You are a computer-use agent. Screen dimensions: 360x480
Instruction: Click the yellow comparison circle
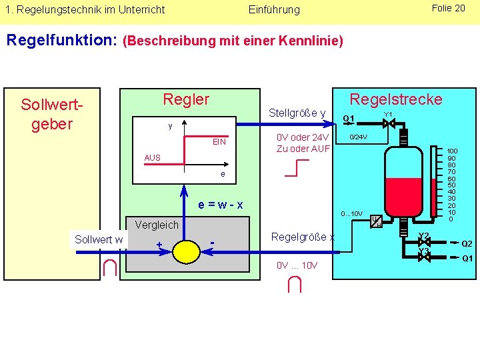click(186, 251)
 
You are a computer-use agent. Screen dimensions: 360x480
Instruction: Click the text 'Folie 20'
click(448, 8)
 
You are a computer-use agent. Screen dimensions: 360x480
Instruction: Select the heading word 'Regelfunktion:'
click(62, 41)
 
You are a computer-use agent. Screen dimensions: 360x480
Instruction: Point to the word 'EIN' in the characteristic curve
click(219, 142)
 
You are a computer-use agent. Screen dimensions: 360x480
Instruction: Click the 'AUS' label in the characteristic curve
click(152, 158)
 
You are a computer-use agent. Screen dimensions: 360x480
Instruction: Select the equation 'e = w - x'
click(221, 204)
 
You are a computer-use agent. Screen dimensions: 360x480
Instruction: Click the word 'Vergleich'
click(157, 225)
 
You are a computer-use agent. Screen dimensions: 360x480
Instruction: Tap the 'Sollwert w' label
click(99, 239)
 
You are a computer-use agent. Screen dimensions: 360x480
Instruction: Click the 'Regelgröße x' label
click(302, 237)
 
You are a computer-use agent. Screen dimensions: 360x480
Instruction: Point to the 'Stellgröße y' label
click(297, 113)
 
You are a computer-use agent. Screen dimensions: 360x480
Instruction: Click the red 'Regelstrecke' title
click(396, 99)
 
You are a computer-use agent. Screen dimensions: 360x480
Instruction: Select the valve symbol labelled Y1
click(389, 123)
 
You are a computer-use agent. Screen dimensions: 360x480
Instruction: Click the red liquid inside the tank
click(404, 191)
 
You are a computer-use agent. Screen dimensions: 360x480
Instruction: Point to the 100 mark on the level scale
click(452, 152)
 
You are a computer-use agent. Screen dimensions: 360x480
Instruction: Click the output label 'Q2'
click(467, 244)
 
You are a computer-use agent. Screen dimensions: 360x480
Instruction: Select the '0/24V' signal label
click(359, 137)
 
